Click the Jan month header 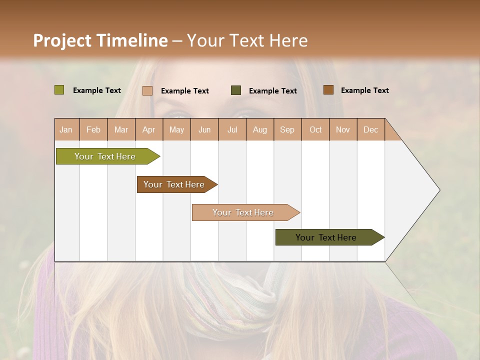point(66,129)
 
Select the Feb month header point(93,129)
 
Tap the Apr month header point(148,129)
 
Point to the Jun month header point(204,129)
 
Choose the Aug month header point(259,129)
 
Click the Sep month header point(287,129)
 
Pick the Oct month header point(315,129)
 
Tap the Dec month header point(370,129)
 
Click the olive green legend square point(59,90)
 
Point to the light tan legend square point(147,90)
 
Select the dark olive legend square point(236,90)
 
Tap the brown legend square point(328,89)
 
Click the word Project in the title point(61,40)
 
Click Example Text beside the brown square point(364,90)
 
